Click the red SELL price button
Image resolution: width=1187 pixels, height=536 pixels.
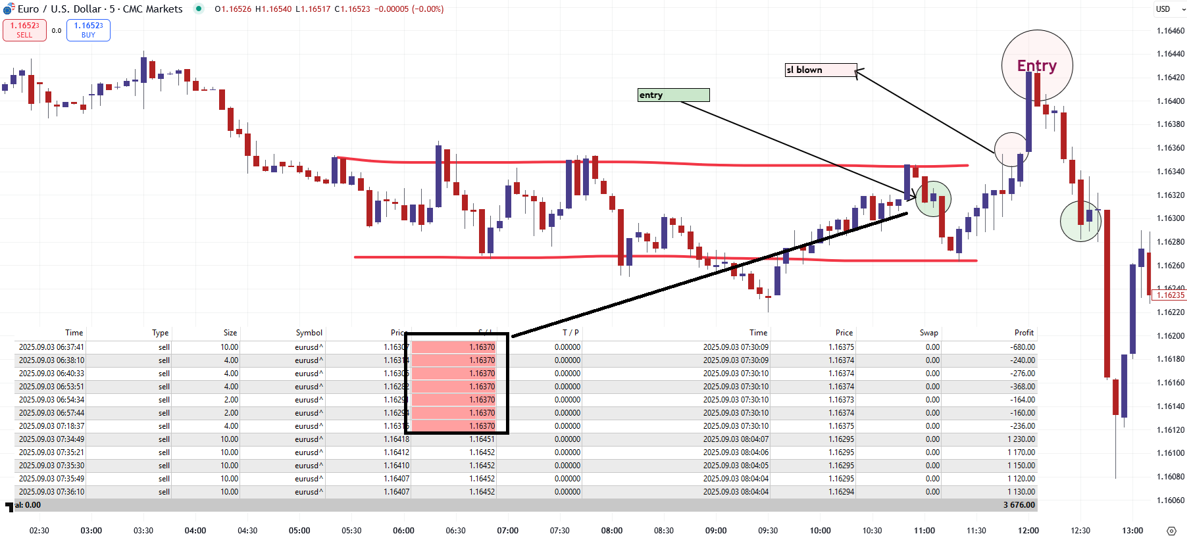(24, 30)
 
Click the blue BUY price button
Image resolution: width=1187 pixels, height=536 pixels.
(88, 30)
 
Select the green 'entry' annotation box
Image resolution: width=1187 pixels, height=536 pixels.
(673, 95)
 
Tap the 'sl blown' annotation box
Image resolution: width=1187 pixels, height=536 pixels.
(820, 70)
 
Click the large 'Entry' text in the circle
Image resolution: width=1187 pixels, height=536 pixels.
(1036, 66)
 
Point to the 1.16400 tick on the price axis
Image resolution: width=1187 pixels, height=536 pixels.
(1170, 101)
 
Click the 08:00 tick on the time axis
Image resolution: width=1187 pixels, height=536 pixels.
(611, 530)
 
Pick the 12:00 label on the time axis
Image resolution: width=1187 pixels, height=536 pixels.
(1028, 530)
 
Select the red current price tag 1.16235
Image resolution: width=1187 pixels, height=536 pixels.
(1169, 295)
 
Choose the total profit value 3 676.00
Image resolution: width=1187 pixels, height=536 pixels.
(1019, 505)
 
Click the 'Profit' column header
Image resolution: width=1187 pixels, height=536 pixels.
(1024, 333)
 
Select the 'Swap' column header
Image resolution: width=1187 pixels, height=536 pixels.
(928, 333)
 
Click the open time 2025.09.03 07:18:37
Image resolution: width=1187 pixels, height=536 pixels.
(51, 426)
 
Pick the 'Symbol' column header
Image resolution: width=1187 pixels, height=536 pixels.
(309, 333)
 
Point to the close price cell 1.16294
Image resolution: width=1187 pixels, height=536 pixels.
(841, 492)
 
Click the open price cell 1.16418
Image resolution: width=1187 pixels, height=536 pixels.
(396, 439)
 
